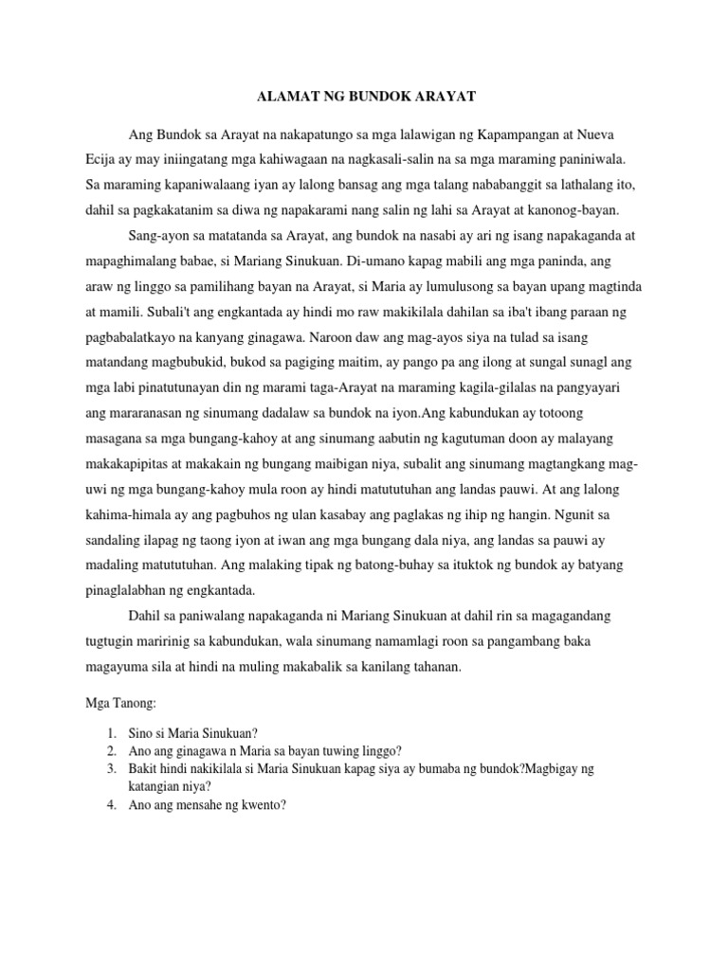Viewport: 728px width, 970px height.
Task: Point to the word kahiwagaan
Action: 289,160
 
